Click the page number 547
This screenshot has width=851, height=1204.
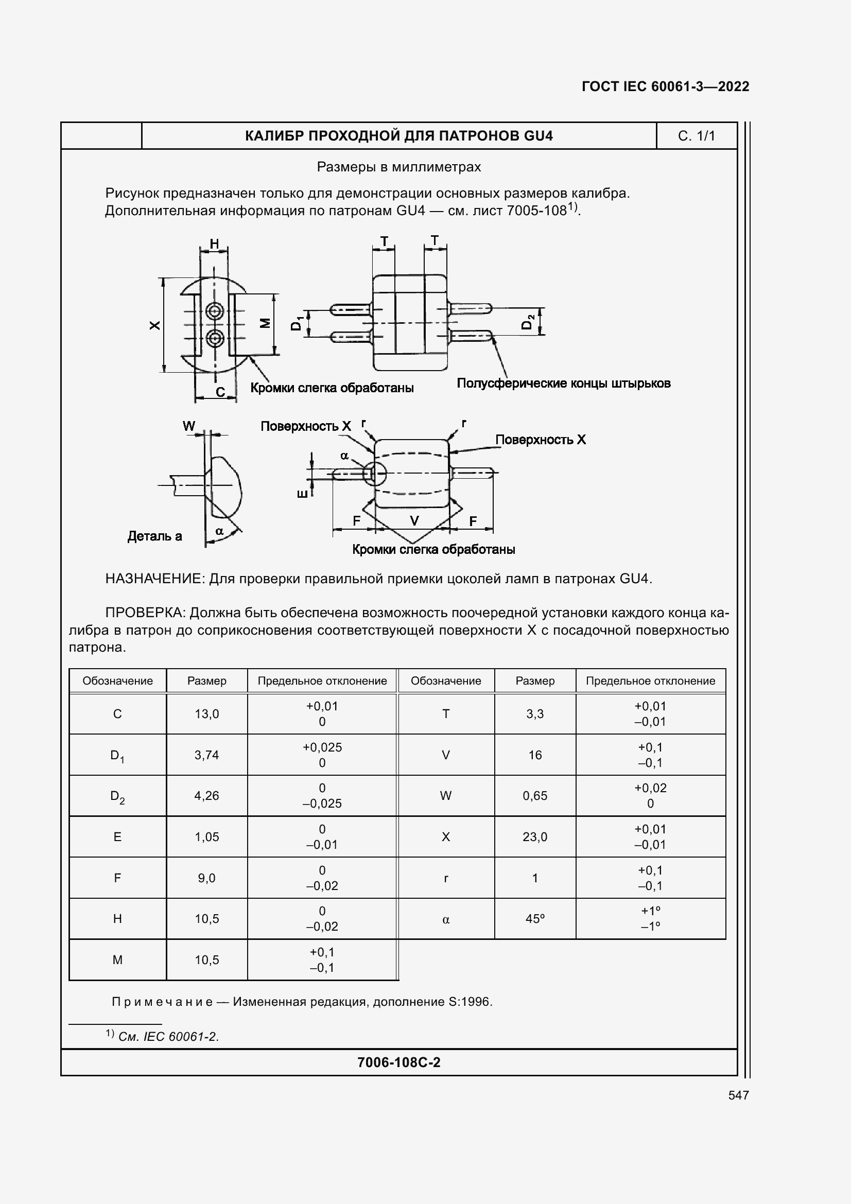point(738,1095)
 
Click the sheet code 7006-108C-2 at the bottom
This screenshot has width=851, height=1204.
point(398,1062)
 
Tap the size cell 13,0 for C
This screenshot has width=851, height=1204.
point(206,713)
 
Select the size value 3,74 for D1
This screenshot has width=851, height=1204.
point(206,755)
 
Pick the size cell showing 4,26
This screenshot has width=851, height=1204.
point(206,795)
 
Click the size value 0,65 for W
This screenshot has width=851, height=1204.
point(534,795)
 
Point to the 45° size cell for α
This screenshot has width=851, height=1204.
point(534,918)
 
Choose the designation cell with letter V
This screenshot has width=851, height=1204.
point(446,755)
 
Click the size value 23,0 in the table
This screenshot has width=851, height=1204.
point(534,836)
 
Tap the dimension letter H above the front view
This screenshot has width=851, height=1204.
point(214,244)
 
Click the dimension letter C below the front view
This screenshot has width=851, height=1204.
point(220,392)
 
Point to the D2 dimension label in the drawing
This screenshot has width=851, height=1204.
point(528,321)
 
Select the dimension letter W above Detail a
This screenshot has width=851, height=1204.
point(189,426)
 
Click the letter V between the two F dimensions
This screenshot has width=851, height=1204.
point(414,521)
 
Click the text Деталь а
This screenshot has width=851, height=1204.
point(154,536)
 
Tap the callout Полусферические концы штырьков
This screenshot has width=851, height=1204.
point(563,383)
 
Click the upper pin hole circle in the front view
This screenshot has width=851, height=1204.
point(215,311)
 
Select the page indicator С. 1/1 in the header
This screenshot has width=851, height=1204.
point(696,136)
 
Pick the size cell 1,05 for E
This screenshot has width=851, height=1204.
point(206,836)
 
